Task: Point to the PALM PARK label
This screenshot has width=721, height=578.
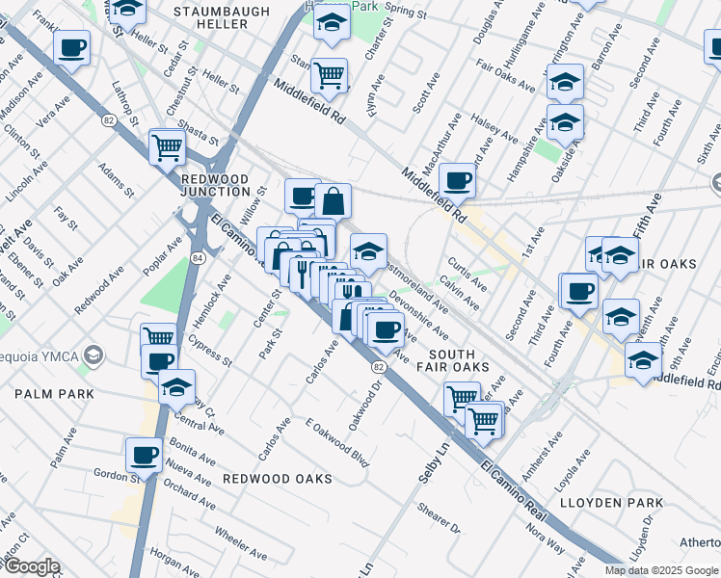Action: (54, 394)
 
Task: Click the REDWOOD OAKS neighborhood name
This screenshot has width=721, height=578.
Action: (278, 479)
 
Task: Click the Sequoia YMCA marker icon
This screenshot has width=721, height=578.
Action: (93, 355)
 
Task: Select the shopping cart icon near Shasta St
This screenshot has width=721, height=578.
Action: (167, 147)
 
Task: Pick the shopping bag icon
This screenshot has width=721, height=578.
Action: (333, 201)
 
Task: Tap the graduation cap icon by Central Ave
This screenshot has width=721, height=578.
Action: (176, 386)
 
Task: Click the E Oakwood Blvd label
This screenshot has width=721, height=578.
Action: (336, 442)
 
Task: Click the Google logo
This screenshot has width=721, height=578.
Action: (31, 566)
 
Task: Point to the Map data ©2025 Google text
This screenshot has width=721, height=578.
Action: (661, 570)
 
